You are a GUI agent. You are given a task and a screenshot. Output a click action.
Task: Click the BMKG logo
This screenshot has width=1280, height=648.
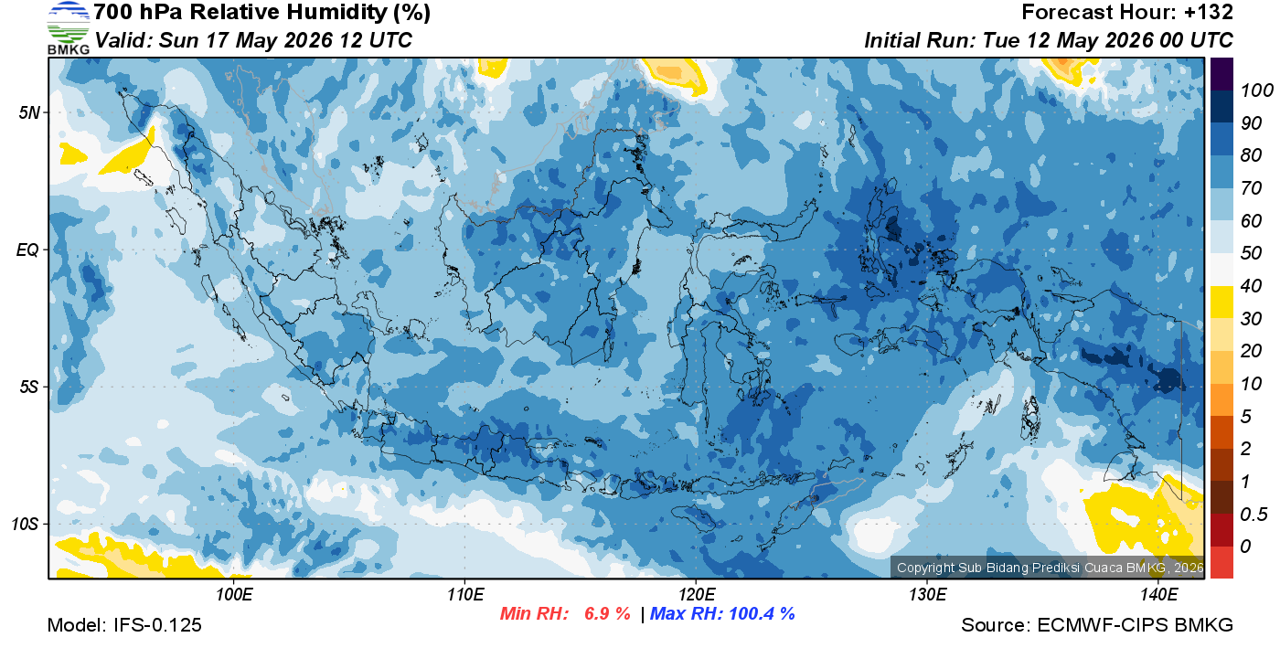point(68,28)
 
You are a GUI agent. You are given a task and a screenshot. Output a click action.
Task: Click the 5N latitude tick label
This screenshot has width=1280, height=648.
point(29,112)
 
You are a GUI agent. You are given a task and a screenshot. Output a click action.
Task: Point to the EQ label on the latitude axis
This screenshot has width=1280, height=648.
point(28,250)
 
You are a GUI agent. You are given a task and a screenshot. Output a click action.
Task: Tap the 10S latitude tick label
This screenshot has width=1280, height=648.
point(25,524)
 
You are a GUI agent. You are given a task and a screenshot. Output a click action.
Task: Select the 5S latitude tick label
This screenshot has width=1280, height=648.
point(29,388)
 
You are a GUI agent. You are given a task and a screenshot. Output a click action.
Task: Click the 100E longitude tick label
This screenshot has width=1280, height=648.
point(234,595)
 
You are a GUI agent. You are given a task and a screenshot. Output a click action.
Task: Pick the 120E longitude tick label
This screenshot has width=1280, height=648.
point(697,595)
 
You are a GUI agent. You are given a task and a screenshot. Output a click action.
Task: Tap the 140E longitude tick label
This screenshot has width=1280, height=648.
point(1158,595)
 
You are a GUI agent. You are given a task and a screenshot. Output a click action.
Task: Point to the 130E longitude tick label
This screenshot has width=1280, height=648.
point(927,595)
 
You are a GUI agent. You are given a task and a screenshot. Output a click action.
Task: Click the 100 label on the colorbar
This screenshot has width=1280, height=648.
point(1256,90)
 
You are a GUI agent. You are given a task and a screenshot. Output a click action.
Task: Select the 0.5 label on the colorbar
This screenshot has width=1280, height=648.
point(1253,515)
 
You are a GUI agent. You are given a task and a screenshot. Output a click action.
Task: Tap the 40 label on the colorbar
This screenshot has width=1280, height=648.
point(1251,286)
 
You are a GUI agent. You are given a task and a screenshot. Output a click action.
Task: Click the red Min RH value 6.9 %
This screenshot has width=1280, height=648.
point(607,613)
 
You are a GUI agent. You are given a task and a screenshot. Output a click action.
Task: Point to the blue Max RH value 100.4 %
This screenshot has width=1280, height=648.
point(762,613)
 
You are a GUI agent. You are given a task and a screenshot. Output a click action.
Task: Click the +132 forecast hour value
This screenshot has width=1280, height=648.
point(1208,12)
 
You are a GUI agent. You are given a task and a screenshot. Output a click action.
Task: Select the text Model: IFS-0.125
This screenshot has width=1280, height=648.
point(124,625)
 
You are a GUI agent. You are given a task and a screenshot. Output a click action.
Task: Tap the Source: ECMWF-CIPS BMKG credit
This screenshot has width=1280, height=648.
point(1097,625)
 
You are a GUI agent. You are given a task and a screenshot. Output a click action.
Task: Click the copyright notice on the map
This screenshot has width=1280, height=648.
point(1050,568)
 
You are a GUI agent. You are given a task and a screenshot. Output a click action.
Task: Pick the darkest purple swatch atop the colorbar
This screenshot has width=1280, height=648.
point(1221,74)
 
